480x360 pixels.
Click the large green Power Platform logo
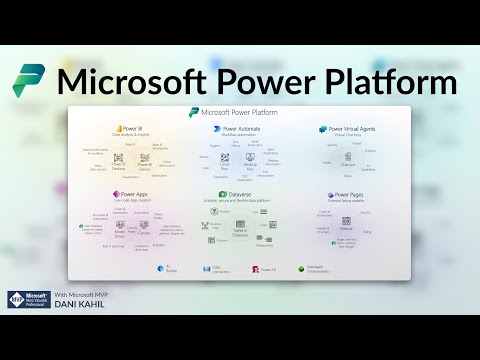point(31,80)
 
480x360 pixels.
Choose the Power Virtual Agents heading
point(351,129)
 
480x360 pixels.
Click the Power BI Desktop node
point(120,166)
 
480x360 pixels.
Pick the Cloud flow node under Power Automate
point(226,166)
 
